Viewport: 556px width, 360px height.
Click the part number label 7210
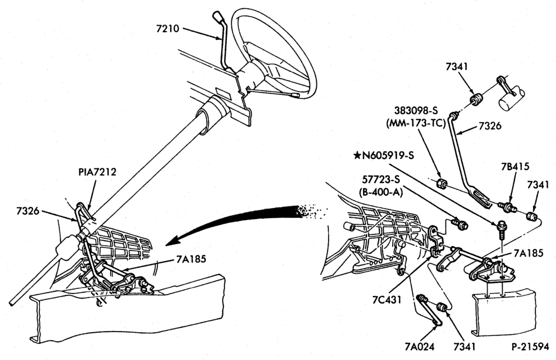pos(168,28)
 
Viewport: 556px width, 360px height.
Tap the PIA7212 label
pos(97,172)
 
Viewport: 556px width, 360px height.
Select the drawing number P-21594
pos(530,346)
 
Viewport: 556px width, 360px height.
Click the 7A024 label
pos(419,347)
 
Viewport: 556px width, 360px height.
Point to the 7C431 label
pos(387,300)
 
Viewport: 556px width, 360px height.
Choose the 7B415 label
pos(515,167)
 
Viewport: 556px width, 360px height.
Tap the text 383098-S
pos(415,110)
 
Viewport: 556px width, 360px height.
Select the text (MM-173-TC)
pos(415,124)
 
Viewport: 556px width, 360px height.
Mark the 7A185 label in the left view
pos(191,259)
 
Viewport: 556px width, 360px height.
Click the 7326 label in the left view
pos(28,211)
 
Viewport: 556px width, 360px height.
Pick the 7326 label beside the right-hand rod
pos(490,126)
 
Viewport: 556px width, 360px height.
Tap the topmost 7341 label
pos(456,67)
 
